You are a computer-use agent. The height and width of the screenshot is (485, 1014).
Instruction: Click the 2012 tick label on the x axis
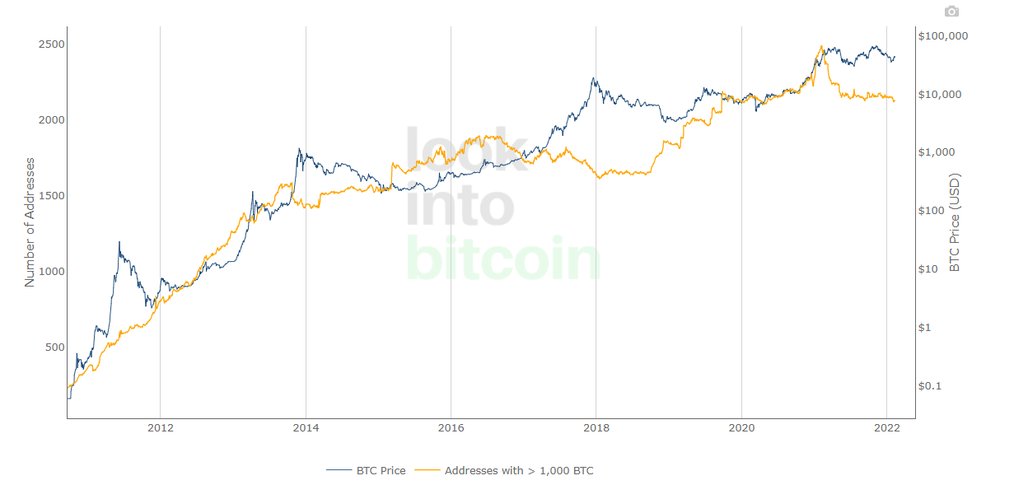160,429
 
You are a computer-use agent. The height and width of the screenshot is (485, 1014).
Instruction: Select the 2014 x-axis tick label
306,429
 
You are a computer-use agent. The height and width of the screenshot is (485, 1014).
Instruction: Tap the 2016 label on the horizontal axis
451,429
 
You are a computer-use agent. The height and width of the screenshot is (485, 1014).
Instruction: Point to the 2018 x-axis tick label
596,429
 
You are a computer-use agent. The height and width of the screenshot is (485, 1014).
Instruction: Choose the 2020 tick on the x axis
741,429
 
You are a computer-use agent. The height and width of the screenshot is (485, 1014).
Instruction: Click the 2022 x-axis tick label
886,429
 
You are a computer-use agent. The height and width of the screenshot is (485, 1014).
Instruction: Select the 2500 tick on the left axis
51,44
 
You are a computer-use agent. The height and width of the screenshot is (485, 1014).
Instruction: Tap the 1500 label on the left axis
51,196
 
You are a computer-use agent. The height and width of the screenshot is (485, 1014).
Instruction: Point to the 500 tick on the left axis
54,347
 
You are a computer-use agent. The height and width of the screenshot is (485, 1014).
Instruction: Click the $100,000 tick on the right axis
943,36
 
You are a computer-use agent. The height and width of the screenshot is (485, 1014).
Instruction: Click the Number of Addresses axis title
30,222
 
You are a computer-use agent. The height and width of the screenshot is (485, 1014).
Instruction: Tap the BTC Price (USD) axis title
956,222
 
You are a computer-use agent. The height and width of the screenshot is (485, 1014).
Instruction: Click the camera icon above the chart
951,12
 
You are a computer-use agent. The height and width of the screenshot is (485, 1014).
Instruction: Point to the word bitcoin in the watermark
504,259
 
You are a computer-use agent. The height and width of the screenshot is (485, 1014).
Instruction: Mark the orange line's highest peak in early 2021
821,46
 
